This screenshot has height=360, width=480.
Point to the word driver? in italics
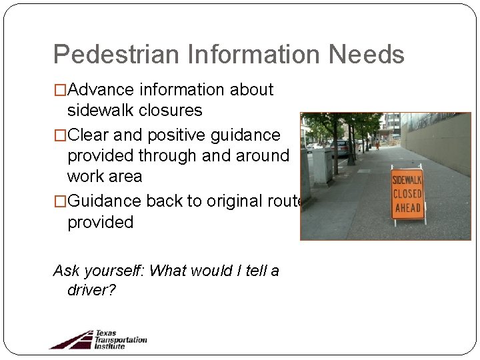tap(91, 291)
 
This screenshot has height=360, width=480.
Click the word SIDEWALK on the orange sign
tap(407, 180)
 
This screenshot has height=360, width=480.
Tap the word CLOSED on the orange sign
tap(407, 194)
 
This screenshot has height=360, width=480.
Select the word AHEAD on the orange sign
tap(407, 208)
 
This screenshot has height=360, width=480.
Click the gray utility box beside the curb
tap(321, 166)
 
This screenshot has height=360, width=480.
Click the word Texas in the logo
tap(105, 333)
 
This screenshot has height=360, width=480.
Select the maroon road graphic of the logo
tap(72, 340)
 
